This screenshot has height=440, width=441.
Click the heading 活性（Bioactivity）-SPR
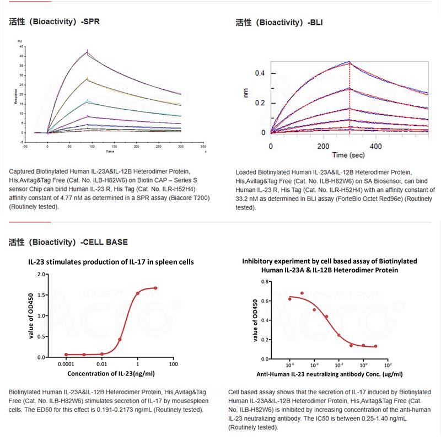55,23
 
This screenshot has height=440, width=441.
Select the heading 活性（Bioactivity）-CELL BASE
68,242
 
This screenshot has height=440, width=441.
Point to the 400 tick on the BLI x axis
375,147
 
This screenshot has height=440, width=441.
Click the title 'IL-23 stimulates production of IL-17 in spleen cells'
111,262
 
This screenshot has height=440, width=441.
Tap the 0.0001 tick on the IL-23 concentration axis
66,364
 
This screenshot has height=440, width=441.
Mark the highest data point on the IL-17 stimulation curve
155,288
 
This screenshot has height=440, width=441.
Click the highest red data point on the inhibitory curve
302,293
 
